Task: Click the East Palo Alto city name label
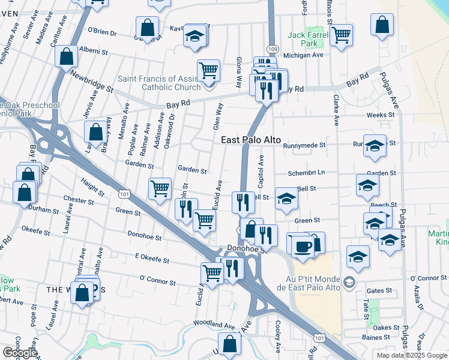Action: coord(251,140)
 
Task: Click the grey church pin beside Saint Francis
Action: coord(209,83)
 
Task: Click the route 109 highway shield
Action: coord(273,49)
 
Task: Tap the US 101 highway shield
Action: coord(124,194)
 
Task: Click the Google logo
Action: coord(20,353)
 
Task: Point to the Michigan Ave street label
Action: coord(303,55)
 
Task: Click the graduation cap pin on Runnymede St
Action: coord(375,146)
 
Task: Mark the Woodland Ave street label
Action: coord(214,324)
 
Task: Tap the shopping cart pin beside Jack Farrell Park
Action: coord(341,34)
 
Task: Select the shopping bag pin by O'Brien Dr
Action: coord(147,27)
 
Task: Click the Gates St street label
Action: coord(379,290)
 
